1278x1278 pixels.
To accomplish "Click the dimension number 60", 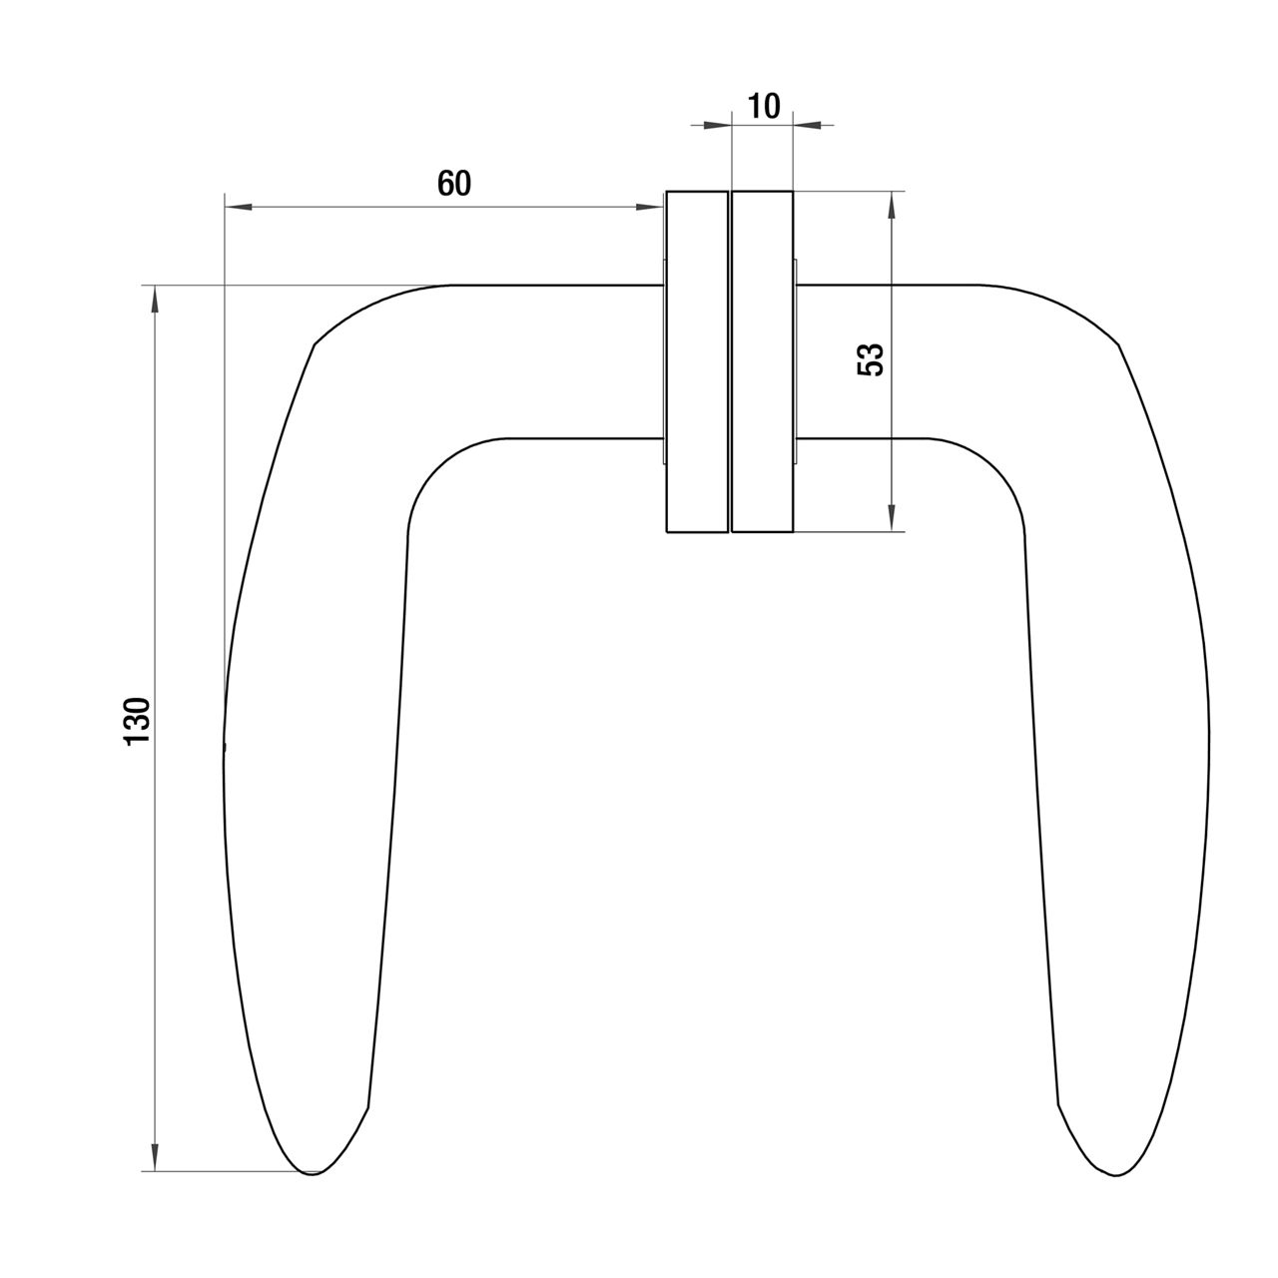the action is pyautogui.click(x=454, y=183).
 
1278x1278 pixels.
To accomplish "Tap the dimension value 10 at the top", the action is pyautogui.click(x=764, y=106).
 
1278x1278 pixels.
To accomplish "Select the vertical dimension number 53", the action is pyautogui.click(x=871, y=359).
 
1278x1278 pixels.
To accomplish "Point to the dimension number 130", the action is pyautogui.click(x=138, y=721).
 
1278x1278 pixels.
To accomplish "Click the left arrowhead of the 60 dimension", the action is pyautogui.click(x=238, y=208).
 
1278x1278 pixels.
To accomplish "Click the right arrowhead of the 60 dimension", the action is pyautogui.click(x=649, y=208).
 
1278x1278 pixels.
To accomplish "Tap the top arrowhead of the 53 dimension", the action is pyautogui.click(x=892, y=205).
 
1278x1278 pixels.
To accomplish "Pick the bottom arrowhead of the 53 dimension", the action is pyautogui.click(x=892, y=517).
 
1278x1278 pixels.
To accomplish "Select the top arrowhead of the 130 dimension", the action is pyautogui.click(x=155, y=300).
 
